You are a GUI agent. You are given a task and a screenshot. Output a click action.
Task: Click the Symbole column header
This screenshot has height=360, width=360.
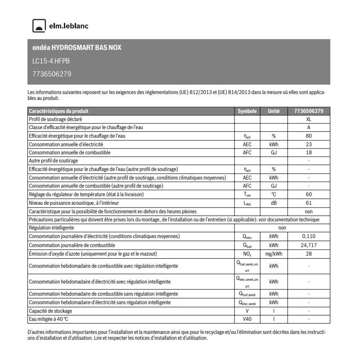[x=247, y=111]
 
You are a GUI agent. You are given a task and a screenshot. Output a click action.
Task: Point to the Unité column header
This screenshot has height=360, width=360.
[x=273, y=111]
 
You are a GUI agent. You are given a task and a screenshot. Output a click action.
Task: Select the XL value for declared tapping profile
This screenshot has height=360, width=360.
[x=308, y=120]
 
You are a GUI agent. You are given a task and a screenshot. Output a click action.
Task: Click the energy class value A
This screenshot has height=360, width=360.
[x=308, y=128]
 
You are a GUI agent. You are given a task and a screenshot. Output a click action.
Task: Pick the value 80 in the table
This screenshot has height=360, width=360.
[x=308, y=136]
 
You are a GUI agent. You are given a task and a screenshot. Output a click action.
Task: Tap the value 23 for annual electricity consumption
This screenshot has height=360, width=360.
[x=308, y=144]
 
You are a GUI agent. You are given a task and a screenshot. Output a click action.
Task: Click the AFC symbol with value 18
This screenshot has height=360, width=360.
[x=247, y=153]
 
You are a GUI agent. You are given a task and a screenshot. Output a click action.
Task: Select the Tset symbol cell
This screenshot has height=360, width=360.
[x=247, y=194]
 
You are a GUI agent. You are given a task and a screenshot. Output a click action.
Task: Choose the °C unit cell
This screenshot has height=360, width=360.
[x=273, y=194]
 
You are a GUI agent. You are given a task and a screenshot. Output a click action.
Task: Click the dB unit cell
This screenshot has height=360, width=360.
[x=273, y=203]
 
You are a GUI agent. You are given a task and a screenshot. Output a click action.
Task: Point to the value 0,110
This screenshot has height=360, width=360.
[x=308, y=236]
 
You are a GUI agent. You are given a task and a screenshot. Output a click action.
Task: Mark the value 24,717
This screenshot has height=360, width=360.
[x=308, y=245]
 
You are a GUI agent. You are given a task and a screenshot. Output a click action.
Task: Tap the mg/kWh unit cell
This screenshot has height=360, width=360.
[x=273, y=254]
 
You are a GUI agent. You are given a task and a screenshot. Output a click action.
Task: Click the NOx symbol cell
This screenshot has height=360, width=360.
[x=247, y=254]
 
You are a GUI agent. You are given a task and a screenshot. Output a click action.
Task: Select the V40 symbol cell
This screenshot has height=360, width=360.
[x=247, y=319]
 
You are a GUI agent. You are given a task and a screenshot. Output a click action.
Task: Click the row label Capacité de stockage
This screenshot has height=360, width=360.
[x=50, y=311]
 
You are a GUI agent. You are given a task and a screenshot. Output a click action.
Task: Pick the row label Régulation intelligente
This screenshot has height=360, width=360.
[x=51, y=228]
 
